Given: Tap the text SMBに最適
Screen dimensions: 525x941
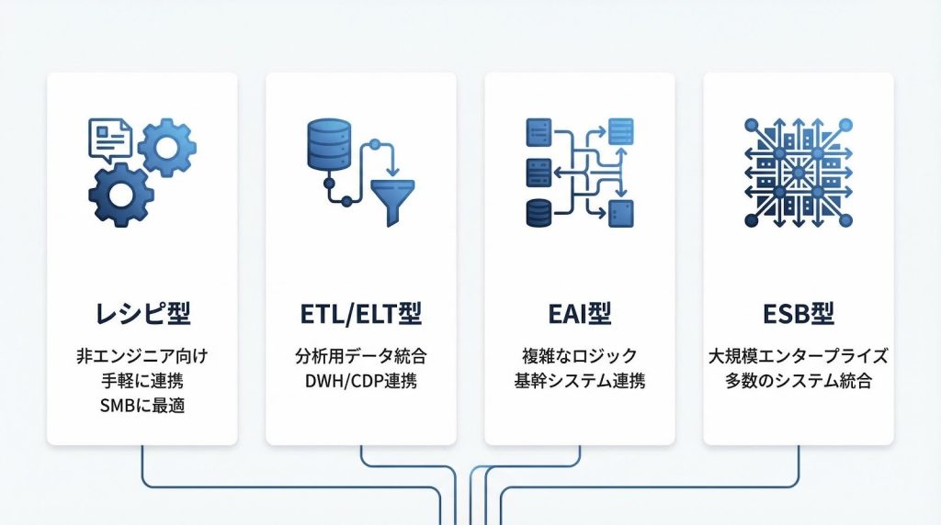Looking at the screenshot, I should click(x=142, y=404).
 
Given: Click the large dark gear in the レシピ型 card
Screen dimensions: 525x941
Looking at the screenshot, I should click(x=121, y=195).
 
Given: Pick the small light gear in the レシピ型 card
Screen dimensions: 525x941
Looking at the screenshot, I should click(x=166, y=147).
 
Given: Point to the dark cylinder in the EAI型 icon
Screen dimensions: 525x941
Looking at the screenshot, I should click(x=539, y=212).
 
